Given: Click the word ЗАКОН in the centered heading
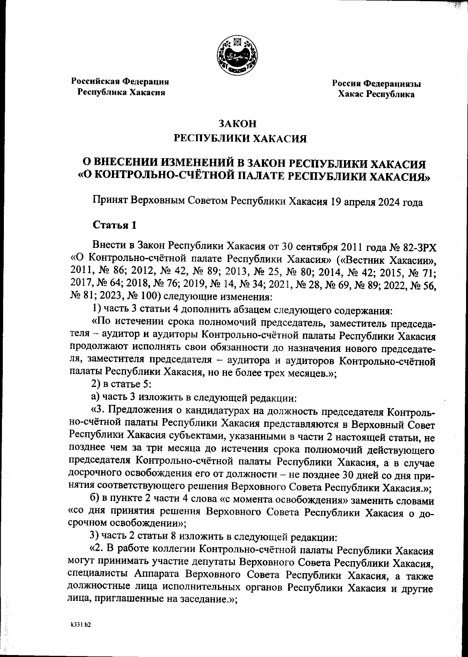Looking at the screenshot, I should [237, 124].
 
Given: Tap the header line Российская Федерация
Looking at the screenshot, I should [120, 82].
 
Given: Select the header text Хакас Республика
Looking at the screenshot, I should [376, 94].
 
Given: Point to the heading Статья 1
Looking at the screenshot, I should [114, 225].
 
